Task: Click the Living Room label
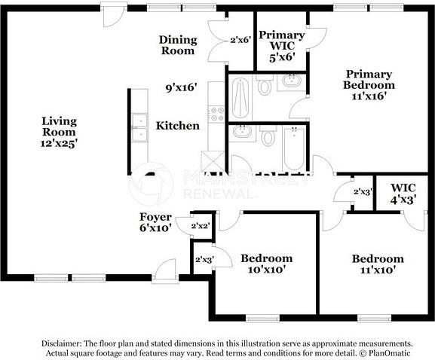[x=59, y=127]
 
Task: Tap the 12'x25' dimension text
[x=59, y=144]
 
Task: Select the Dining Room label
[x=178, y=45]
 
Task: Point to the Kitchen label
[x=178, y=126]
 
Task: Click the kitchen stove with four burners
[x=216, y=114]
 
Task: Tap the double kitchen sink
[x=139, y=127]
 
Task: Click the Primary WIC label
[x=282, y=41]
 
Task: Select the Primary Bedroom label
[x=369, y=80]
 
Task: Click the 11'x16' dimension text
[x=369, y=96]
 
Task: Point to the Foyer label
[x=155, y=217]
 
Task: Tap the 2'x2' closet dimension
[x=200, y=226]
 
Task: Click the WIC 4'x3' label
[x=403, y=194]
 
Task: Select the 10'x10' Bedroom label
[x=267, y=264]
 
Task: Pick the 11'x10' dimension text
[x=378, y=270]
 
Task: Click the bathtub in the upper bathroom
[x=240, y=99]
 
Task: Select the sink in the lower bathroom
[x=242, y=132]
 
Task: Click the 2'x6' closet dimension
[x=240, y=40]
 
